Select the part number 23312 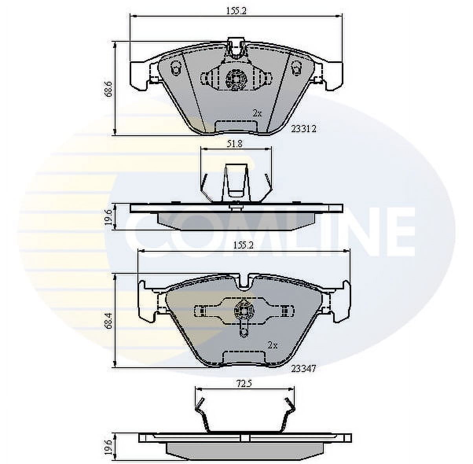point(303,129)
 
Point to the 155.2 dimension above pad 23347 point(243,245)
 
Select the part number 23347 point(303,376)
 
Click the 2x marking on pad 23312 point(258,114)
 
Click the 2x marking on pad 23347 point(273,346)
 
